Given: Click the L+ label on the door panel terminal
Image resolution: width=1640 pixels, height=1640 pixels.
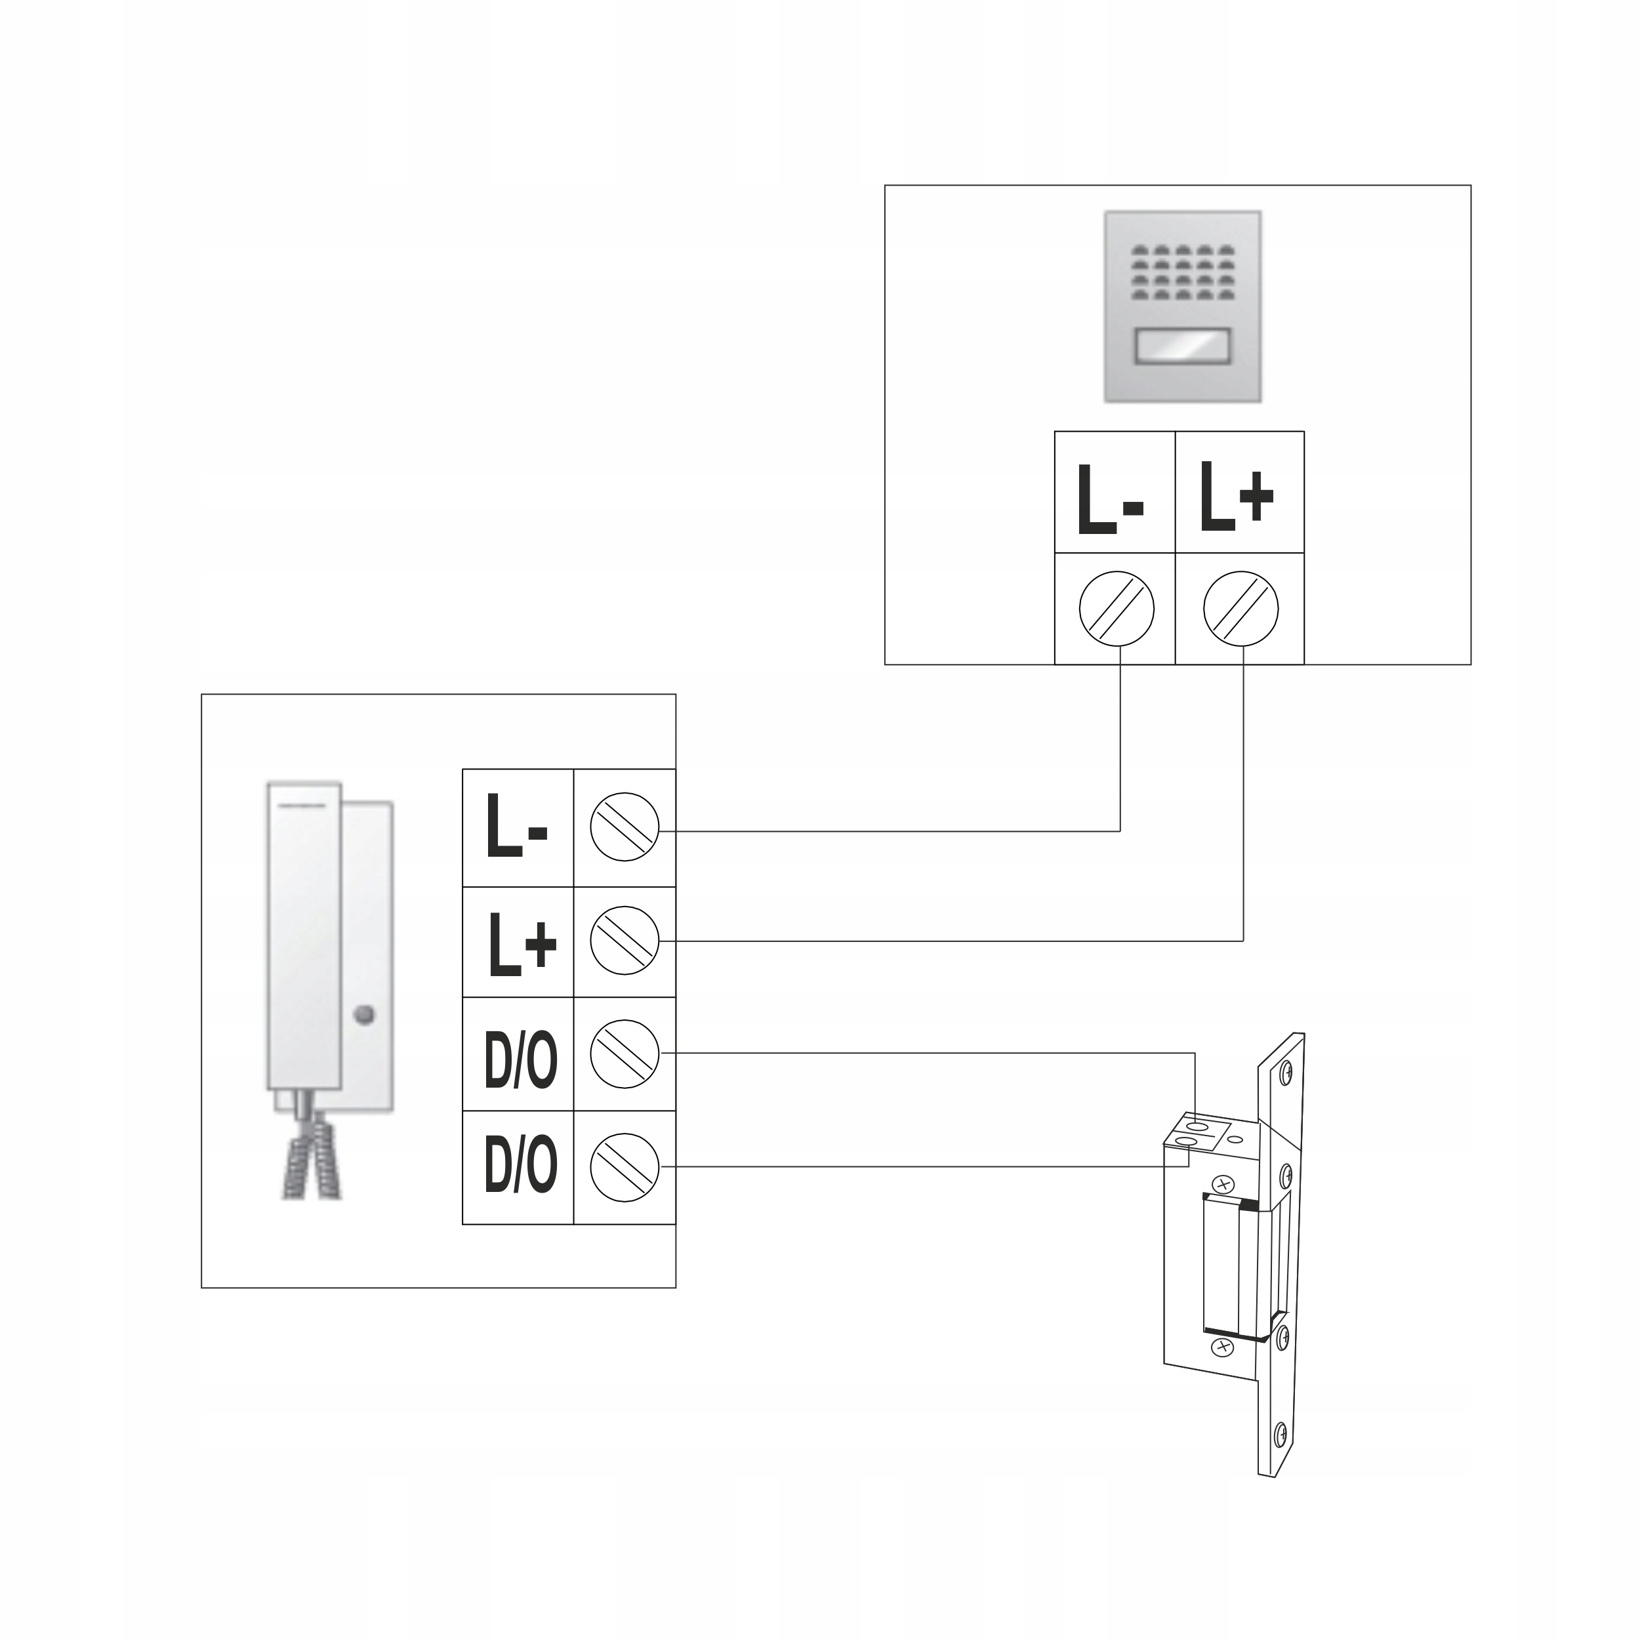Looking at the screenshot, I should tap(1236, 497).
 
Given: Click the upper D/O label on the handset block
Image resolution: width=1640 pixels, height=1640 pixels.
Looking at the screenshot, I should tap(520, 1060).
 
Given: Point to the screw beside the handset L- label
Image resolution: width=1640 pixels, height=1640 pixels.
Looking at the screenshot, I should tap(624, 827).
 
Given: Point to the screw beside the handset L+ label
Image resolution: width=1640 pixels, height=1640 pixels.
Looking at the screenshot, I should tap(624, 941).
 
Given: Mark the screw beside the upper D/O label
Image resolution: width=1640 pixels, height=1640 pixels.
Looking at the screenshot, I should tap(624, 1054).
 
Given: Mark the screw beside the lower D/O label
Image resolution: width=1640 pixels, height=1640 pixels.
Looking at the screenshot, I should tap(624, 1167).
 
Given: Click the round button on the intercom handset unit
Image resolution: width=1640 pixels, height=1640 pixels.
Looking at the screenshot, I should tap(364, 1014).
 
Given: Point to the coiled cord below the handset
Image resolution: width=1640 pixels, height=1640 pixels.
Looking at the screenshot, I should tap(312, 1166).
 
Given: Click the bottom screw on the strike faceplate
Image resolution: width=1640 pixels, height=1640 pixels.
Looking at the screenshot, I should tap(1282, 1434).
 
